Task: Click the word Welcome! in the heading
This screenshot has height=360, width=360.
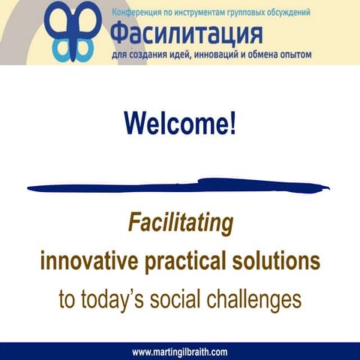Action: coord(180,123)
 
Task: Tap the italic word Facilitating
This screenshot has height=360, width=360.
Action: coord(180,223)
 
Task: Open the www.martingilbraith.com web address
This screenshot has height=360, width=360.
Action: coord(179,352)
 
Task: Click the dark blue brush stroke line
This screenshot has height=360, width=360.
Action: coord(180,185)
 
